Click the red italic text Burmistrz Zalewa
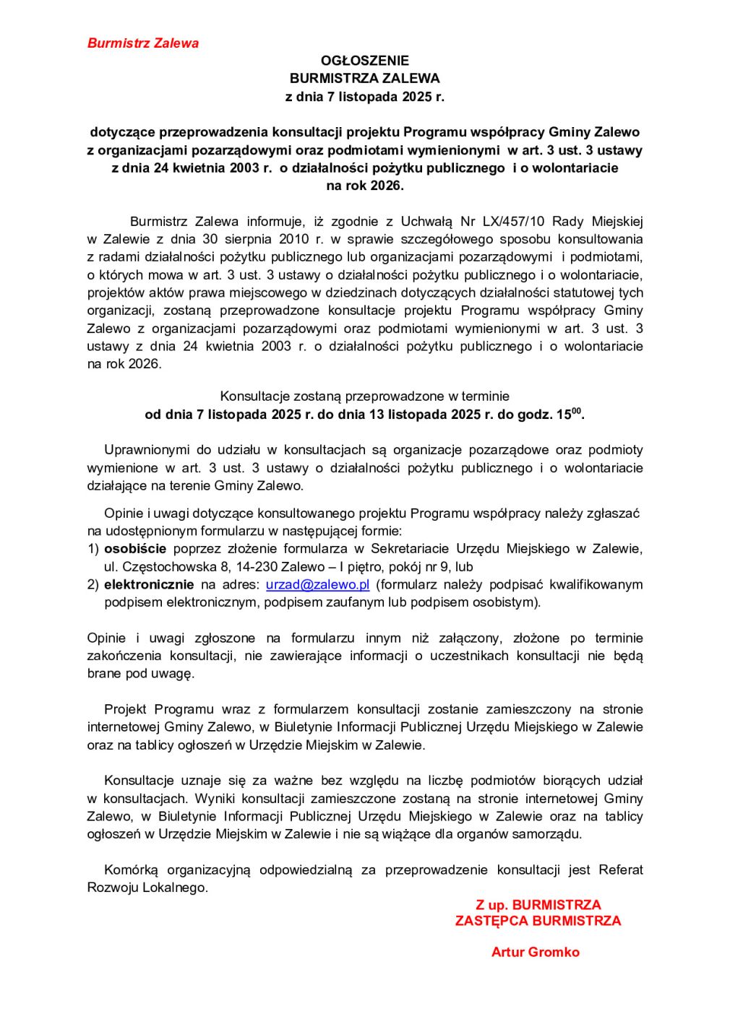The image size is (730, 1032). click(x=142, y=43)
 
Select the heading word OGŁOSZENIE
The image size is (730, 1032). click(x=364, y=61)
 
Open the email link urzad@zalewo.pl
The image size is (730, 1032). click(x=317, y=584)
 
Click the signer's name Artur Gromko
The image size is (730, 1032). click(x=535, y=952)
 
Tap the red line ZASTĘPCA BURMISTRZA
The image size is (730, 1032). click(x=538, y=921)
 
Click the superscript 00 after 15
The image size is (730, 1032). click(x=576, y=411)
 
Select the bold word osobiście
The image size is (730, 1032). click(x=135, y=549)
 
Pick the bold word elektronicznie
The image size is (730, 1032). click(x=149, y=584)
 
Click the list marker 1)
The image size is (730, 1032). click(x=93, y=549)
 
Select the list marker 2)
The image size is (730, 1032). click(x=93, y=584)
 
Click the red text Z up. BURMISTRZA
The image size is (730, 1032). click(x=538, y=905)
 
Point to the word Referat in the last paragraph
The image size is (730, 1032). click(x=620, y=870)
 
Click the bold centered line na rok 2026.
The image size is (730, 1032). click(x=364, y=186)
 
